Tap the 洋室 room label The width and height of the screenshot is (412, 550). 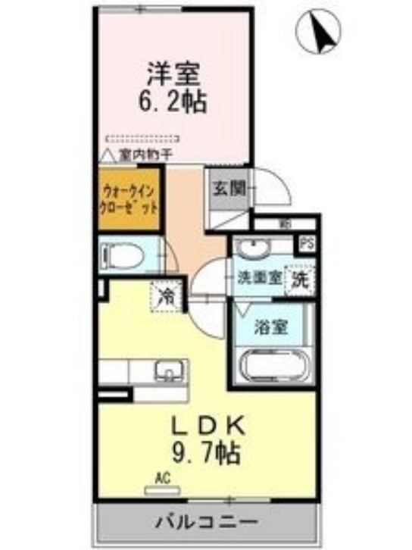click(x=173, y=74)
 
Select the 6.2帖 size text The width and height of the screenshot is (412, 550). click(x=173, y=102)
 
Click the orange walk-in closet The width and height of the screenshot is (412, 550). click(x=129, y=198)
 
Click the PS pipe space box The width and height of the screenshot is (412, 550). click(x=306, y=245)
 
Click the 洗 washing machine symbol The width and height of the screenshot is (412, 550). click(x=300, y=278)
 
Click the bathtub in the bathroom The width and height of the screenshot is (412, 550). click(x=274, y=367)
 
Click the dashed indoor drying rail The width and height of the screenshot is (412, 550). click(x=143, y=139)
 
